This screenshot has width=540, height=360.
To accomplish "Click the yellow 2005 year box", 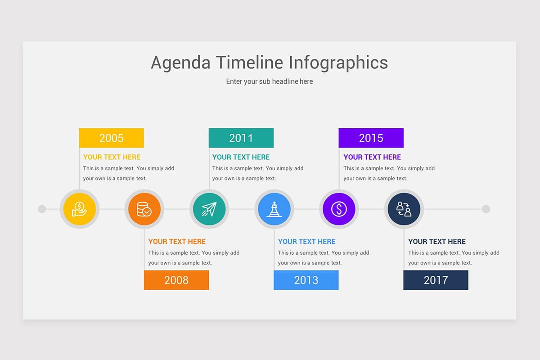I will coord(111,138).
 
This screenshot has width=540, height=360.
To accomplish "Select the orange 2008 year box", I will coord(176,280).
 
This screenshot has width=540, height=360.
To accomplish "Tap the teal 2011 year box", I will coord(241,138).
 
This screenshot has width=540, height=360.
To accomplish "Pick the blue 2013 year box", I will coord(306,280).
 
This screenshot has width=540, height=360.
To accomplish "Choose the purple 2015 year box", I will coord(371,138).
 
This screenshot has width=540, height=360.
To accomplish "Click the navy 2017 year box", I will coord(436,280).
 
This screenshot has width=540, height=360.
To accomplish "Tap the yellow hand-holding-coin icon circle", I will coord(79,209).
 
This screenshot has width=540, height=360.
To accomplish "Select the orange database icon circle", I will coord(144,209).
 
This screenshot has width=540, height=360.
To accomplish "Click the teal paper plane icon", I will coord(209,209).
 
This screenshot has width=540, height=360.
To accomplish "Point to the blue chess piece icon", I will coord(274,209).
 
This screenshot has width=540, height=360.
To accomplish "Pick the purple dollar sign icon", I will coord(339,209).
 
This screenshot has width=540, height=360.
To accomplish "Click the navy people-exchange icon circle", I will coord(404,209).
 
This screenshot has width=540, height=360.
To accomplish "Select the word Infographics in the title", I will coord(338,63).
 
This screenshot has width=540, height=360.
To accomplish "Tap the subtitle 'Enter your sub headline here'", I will coord(269,81).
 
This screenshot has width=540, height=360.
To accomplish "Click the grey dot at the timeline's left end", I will coord(42,209).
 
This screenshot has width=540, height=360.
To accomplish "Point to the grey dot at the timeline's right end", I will coord(486,209).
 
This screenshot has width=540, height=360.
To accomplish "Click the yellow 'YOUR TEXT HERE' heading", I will coord(112,157).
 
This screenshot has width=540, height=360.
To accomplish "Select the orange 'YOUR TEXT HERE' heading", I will coord(177,242).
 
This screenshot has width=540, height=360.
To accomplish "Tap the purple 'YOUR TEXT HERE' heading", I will coord(372,157).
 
